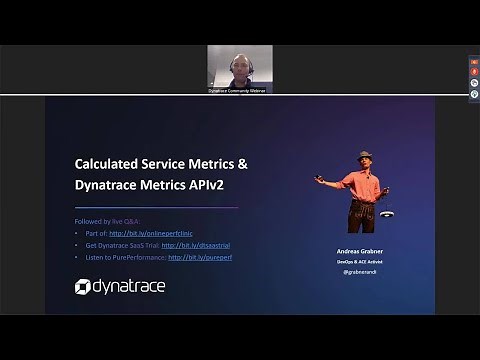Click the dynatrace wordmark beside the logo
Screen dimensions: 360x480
129,287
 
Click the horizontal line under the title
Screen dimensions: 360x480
156,207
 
